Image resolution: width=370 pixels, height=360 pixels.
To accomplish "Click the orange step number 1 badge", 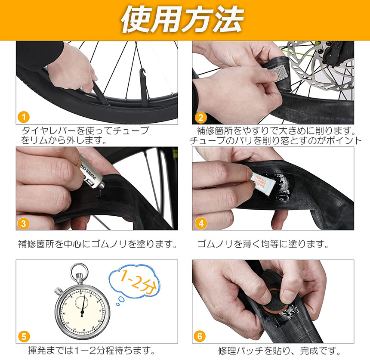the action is point(24,117).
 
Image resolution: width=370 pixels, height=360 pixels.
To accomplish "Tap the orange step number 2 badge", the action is point(201,118).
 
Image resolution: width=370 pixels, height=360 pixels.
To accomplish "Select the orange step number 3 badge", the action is point(23,223).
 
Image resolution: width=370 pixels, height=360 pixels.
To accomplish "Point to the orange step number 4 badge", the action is point(201,223).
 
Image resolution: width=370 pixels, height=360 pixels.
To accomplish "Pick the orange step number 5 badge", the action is point(24,336).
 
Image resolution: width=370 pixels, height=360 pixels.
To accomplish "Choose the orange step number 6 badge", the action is point(200,336).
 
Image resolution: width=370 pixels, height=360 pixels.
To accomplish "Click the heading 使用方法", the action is point(182,19).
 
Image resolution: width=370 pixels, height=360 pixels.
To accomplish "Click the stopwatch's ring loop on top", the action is point(79,264).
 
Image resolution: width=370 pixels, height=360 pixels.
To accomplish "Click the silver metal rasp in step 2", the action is point(277,71).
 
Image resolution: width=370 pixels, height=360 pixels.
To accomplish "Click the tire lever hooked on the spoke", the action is point(143,87).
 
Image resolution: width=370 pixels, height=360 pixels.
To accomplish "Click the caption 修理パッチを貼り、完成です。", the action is point(279,351).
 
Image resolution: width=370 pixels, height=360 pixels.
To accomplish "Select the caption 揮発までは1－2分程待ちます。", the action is point(91,351).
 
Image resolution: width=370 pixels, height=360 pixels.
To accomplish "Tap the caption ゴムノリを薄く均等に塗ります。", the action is point(263,244).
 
